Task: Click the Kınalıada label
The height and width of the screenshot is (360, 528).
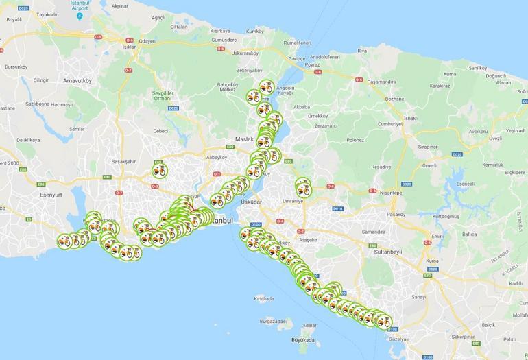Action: coord(264,298)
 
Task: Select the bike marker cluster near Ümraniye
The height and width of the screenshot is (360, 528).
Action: coord(303,187)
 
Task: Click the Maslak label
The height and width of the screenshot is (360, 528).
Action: coord(244,139)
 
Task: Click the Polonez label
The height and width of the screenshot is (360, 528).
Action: coord(355,140)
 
